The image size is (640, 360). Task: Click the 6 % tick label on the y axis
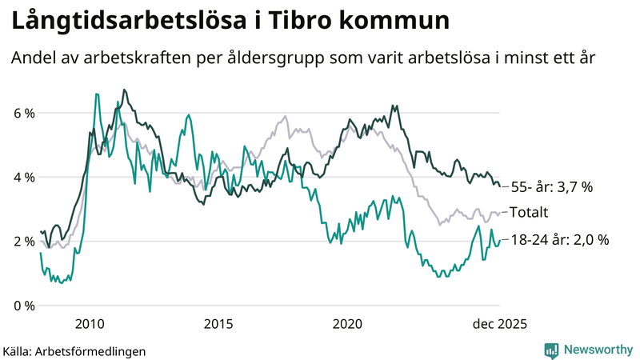tap(24, 113)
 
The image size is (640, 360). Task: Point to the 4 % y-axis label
tap(24, 177)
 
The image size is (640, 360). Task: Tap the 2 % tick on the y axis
tap(24, 241)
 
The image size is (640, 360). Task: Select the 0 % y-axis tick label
tap(24, 306)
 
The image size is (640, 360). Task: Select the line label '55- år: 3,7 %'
tap(551, 187)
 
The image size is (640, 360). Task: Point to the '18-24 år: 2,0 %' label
tap(560, 239)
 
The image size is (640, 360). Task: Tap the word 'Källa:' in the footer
tap(22, 350)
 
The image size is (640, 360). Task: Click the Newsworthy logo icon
tap(551, 350)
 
